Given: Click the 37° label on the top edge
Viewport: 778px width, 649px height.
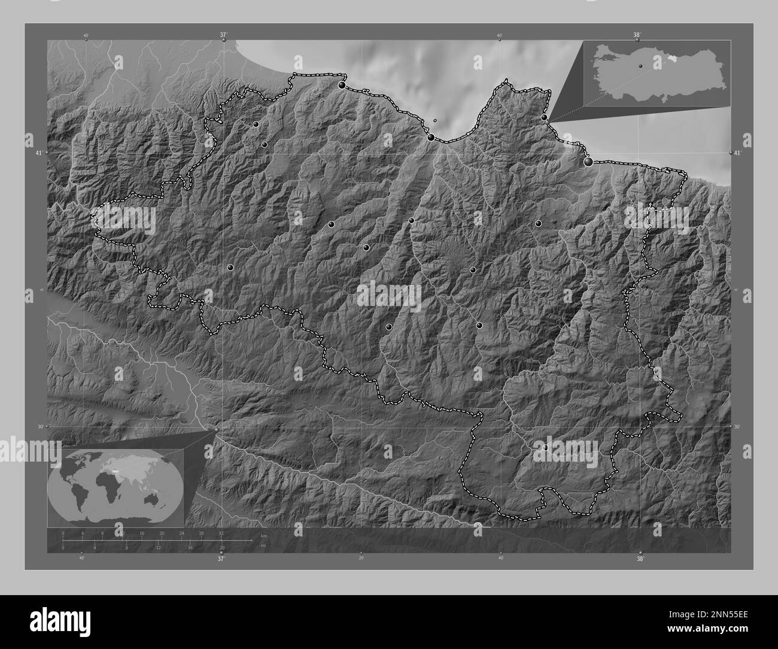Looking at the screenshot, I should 223,35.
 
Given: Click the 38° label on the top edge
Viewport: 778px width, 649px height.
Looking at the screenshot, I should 637,35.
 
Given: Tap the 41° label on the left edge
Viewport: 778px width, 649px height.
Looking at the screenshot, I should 39,153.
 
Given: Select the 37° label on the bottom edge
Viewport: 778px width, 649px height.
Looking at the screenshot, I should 221,559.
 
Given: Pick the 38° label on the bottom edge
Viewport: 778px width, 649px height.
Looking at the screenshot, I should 640,559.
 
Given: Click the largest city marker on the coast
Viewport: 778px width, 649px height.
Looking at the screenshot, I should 588,161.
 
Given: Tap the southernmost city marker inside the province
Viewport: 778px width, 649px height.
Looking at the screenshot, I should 545,447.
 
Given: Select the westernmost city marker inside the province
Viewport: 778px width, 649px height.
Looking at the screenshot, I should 230,268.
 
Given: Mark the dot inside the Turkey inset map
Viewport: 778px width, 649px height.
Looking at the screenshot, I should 640,66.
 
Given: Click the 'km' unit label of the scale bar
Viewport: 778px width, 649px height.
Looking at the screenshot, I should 263,535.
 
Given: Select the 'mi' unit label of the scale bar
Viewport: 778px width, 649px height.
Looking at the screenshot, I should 263,545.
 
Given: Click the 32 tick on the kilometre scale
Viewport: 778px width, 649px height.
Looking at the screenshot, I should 221,533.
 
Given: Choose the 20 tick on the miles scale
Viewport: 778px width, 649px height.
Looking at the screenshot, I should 222,548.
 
